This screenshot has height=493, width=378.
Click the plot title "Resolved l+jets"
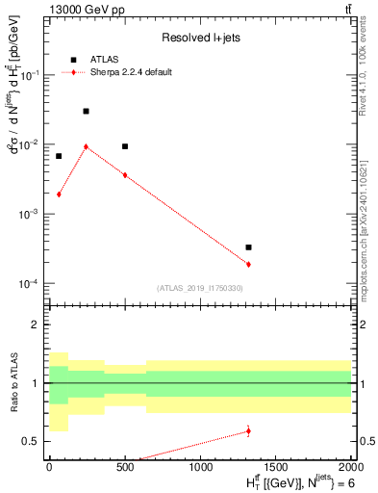click(x=198, y=39)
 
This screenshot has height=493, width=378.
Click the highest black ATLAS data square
click(x=86, y=112)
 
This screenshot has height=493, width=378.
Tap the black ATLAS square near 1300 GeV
click(x=248, y=247)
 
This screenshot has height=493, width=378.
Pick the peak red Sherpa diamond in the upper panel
click(x=86, y=146)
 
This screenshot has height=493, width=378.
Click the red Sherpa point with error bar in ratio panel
click(x=248, y=431)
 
